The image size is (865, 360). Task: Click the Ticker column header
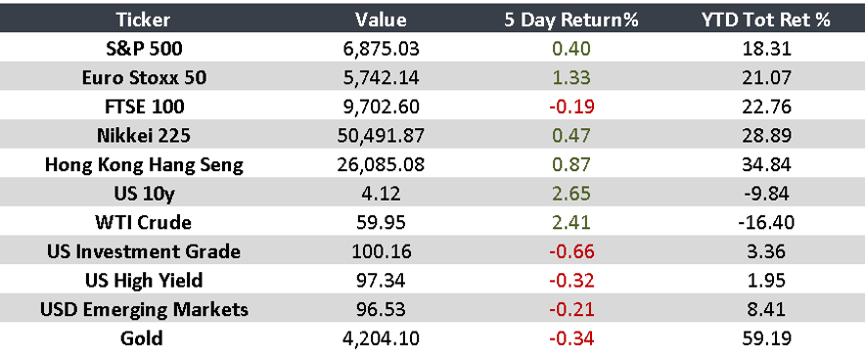[145, 20]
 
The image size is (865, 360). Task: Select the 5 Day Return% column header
[570, 20]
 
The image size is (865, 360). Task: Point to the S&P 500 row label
[145, 47]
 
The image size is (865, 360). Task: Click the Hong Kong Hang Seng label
[145, 164]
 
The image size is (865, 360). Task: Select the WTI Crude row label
[145, 222]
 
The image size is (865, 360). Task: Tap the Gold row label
[145, 339]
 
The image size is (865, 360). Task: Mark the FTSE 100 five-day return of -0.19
[570, 106]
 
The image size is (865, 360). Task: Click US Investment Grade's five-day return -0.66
[570, 251]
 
